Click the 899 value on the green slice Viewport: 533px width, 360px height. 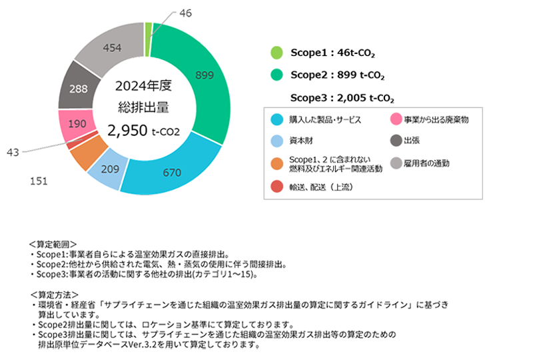[204, 76]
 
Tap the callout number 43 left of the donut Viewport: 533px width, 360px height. [13, 153]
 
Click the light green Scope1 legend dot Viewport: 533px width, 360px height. [275, 53]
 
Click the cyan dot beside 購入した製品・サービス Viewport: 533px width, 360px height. [275, 120]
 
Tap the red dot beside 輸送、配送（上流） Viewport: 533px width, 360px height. [275, 189]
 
